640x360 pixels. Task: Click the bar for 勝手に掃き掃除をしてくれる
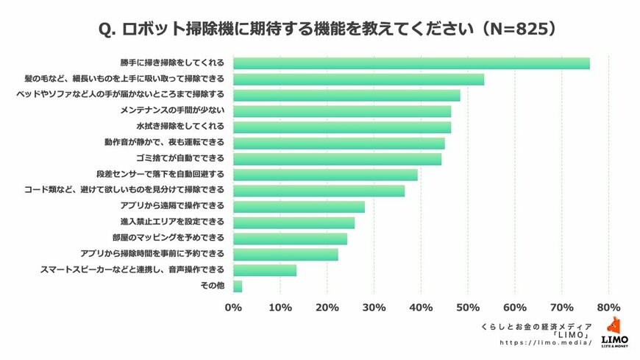click(411, 63)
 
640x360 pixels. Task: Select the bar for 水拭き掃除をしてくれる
click(342, 127)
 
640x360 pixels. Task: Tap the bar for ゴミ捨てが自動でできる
click(337, 159)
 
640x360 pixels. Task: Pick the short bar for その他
click(238, 286)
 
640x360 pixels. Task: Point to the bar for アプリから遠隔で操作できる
click(299, 207)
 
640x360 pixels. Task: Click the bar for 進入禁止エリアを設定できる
click(294, 222)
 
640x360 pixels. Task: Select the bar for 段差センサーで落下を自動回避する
click(325, 175)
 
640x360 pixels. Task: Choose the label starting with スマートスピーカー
click(132, 270)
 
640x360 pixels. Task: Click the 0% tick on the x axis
click(233, 307)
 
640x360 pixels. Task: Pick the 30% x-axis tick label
click(374, 307)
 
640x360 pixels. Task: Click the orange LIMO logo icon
click(614, 325)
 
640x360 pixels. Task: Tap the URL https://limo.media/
click(546, 343)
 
